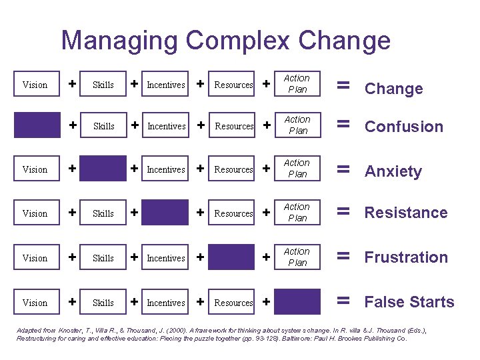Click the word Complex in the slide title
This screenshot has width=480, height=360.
point(237,41)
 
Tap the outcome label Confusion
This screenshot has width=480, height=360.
point(403,127)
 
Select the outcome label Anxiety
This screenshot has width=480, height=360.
point(393,171)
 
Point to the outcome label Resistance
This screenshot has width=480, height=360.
point(405,213)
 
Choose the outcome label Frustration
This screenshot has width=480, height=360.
point(406,257)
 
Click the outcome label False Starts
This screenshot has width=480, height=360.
point(409,302)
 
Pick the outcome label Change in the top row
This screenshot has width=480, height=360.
point(393,89)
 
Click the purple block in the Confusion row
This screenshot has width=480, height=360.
point(37,125)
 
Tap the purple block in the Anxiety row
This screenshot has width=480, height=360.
point(103,169)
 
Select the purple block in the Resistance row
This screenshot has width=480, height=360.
point(165,213)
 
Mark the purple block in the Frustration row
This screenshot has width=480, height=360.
point(232,257)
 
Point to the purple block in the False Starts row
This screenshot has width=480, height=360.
point(297,302)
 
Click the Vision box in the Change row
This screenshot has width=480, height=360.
point(35,85)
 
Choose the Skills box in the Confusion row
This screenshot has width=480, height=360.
point(103,126)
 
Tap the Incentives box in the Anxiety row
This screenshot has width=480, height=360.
point(166,169)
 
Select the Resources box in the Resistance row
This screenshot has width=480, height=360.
point(233,213)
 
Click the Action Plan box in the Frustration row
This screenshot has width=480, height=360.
point(297,257)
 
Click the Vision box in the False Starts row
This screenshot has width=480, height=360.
point(35,303)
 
